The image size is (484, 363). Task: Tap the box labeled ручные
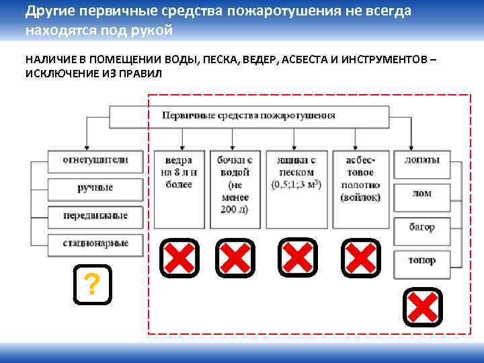click(95, 188)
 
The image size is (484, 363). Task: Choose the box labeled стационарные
click(95, 243)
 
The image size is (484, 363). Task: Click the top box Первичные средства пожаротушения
click(249, 116)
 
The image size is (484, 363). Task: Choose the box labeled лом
click(421, 194)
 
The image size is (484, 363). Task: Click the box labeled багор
click(421, 227)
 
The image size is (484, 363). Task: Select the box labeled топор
click(421, 260)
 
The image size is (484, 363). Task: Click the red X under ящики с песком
click(298, 257)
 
